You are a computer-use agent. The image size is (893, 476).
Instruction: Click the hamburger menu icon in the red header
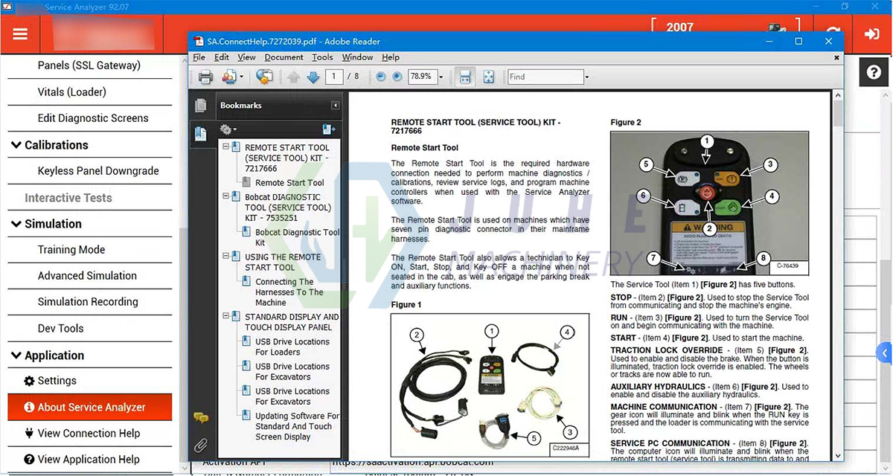(x=20, y=34)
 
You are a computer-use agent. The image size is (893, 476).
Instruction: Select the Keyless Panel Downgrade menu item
(x=98, y=171)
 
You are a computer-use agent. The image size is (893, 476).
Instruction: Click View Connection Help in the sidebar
(x=88, y=434)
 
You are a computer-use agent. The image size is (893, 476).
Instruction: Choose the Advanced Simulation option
(x=87, y=276)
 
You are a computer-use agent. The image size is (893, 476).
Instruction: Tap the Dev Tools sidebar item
(x=60, y=328)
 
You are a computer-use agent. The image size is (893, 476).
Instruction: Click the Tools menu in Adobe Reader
(x=322, y=57)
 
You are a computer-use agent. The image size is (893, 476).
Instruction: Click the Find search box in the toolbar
(x=545, y=77)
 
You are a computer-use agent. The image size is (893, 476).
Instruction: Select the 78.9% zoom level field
(x=422, y=77)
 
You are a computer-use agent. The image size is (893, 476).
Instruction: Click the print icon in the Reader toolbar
(x=205, y=77)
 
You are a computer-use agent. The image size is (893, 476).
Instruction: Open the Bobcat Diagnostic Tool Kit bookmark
(x=297, y=237)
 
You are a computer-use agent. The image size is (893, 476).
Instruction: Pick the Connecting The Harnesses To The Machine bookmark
(x=289, y=292)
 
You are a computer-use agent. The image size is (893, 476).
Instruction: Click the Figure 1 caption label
(x=406, y=305)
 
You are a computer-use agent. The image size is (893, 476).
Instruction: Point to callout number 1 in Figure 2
(x=707, y=141)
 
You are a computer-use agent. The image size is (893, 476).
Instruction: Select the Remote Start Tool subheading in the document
(x=425, y=148)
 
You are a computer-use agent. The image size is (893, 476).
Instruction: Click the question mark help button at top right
(x=874, y=72)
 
